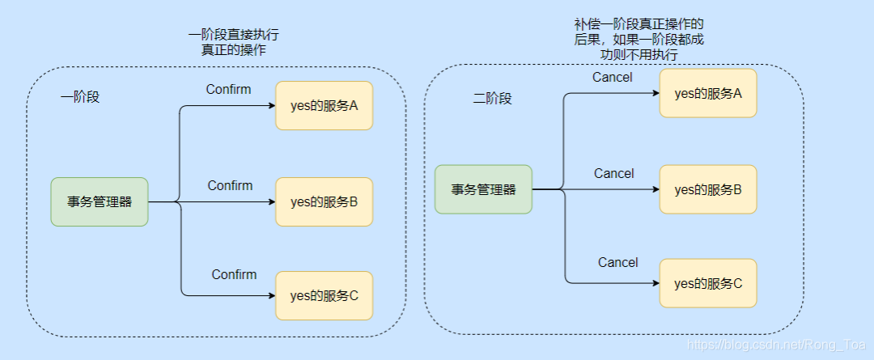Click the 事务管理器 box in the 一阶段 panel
click(x=100, y=201)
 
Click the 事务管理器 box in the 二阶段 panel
click(x=483, y=189)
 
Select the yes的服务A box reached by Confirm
click(x=324, y=105)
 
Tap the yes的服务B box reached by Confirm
click(x=324, y=201)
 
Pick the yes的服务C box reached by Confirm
click(x=324, y=295)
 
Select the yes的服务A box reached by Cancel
click(x=708, y=93)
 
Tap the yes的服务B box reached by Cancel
click(x=708, y=189)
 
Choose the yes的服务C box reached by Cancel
click(x=708, y=283)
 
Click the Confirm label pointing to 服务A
click(x=228, y=89)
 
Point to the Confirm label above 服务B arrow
click(x=230, y=185)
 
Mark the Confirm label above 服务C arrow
click(x=234, y=274)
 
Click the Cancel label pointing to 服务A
click(x=613, y=78)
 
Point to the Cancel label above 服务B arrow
click(x=613, y=173)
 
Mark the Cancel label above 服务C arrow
click(x=617, y=262)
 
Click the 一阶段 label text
click(x=79, y=97)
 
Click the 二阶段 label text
click(x=492, y=99)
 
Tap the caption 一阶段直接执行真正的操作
click(x=234, y=42)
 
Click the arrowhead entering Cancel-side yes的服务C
click(x=655, y=283)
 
